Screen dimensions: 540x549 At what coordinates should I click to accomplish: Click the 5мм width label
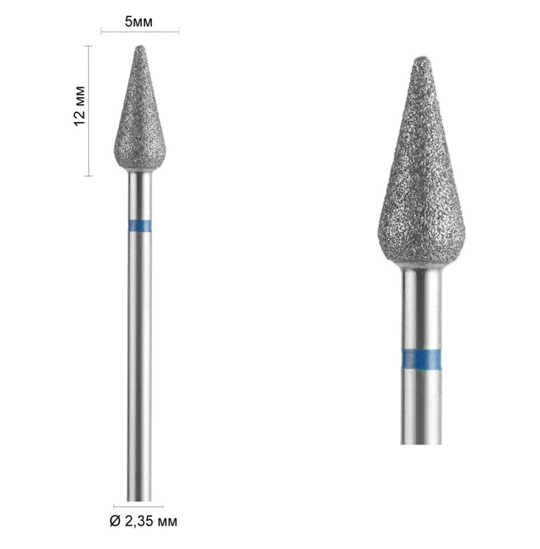pos(139,22)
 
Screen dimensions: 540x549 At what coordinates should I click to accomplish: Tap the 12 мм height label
pos(80,106)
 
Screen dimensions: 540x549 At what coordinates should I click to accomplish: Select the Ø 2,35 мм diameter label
pos(143,521)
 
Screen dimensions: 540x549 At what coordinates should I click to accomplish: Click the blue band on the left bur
pos(140,226)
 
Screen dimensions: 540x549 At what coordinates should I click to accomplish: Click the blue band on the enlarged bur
pos(421,359)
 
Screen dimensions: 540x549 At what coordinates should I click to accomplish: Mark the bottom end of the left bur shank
pos(140,500)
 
